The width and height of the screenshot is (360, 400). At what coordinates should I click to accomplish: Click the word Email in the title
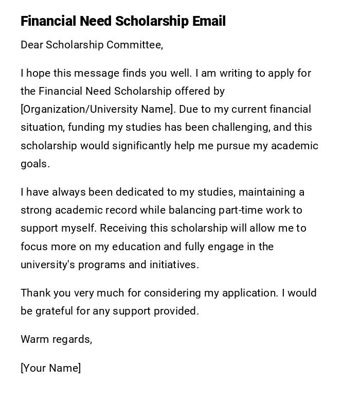tap(209, 22)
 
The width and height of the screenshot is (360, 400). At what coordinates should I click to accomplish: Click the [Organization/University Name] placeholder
tap(97, 110)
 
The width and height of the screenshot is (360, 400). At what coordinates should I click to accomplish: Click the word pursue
tap(233, 146)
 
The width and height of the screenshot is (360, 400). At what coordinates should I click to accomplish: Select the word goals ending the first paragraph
tap(34, 164)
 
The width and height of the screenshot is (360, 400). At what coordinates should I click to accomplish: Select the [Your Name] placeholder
tap(50, 368)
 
